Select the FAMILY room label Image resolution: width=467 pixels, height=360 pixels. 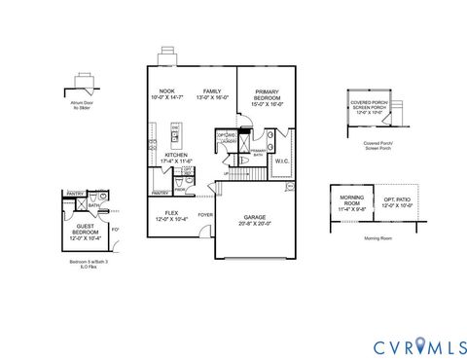coord(213,90)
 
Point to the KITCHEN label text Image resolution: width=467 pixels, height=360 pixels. coord(176,155)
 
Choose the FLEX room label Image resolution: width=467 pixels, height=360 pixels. coord(171,212)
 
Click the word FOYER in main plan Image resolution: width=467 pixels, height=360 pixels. coord(205,214)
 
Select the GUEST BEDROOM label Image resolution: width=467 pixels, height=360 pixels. coord(87,230)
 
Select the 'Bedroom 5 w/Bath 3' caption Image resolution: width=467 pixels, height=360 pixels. coord(85,263)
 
